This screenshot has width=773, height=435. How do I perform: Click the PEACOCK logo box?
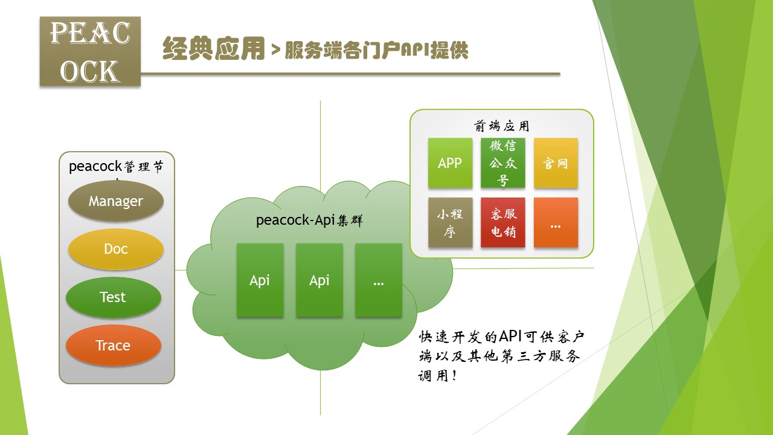click(90, 51)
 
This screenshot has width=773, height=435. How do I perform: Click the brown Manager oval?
click(116, 201)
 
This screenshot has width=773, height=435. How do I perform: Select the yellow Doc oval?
click(116, 249)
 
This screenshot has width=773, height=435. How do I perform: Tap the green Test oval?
click(114, 297)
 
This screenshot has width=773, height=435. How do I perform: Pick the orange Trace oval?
click(114, 346)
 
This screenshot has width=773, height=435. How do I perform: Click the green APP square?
click(450, 163)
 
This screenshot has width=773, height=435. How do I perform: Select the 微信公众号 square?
click(503, 163)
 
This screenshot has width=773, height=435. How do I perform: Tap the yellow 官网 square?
click(556, 163)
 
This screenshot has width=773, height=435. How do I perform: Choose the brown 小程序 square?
click(450, 222)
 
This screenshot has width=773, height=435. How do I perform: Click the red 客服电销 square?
click(503, 222)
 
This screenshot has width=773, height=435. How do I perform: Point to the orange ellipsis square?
click(556, 222)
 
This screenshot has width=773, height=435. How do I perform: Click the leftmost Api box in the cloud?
click(260, 280)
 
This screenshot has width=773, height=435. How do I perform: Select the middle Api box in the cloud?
click(319, 280)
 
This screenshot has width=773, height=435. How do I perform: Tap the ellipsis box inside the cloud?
click(379, 280)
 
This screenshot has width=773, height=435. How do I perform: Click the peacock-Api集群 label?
click(309, 221)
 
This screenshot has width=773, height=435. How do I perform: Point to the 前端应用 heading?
click(501, 126)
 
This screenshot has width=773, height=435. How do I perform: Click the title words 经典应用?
click(214, 49)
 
